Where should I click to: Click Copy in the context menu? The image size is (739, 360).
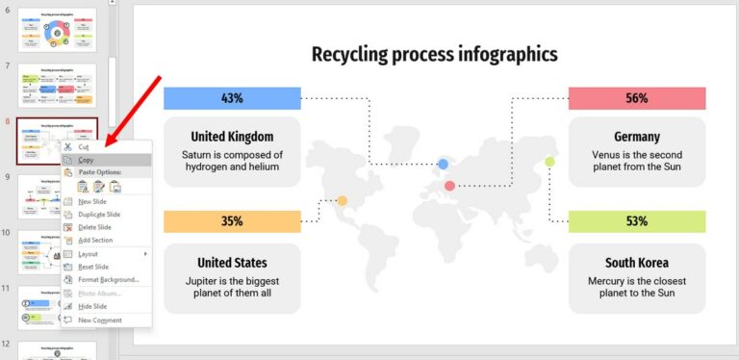(86, 160)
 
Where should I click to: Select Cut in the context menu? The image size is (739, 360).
(83, 147)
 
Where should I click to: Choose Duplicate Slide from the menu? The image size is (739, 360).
(98, 214)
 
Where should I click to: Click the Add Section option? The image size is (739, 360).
(94, 240)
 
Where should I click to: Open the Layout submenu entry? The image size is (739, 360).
(89, 253)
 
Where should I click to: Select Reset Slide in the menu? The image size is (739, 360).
(93, 267)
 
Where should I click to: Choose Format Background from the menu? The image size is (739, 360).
(108, 279)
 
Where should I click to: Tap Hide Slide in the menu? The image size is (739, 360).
(92, 306)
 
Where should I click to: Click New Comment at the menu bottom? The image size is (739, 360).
(98, 320)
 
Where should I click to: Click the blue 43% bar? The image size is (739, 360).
(232, 98)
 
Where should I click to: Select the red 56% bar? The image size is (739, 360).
(636, 98)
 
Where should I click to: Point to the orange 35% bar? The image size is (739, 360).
(232, 221)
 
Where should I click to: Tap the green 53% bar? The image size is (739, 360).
(636, 221)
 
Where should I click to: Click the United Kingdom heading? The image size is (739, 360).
(232, 137)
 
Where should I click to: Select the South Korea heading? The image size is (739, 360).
(636, 263)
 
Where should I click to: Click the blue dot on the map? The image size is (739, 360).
(444, 165)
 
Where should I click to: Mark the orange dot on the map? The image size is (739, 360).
(342, 201)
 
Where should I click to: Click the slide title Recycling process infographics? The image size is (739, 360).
(434, 54)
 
